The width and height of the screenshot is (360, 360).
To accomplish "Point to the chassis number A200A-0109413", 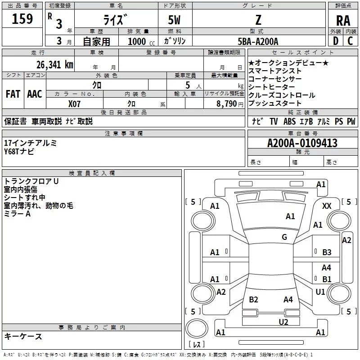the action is point(302,143).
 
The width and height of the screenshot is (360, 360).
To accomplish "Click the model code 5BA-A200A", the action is point(258,41).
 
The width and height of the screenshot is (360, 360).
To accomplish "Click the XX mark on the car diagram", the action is point(327,206).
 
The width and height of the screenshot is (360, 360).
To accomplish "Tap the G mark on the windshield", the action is point(284,237).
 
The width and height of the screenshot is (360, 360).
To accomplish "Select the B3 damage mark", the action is point(327,252).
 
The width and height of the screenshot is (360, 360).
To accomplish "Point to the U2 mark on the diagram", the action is point(283,321).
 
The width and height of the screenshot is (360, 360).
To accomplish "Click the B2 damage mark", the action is point(253,299).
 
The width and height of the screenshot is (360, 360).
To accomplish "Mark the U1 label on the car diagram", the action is point(320,292).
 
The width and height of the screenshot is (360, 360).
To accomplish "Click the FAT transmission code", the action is point(13,94).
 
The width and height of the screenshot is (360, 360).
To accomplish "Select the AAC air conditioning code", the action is point(35,94).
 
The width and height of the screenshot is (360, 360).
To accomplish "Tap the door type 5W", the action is point(175,21).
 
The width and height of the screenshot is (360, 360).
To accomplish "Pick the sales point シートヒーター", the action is point(271,87).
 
